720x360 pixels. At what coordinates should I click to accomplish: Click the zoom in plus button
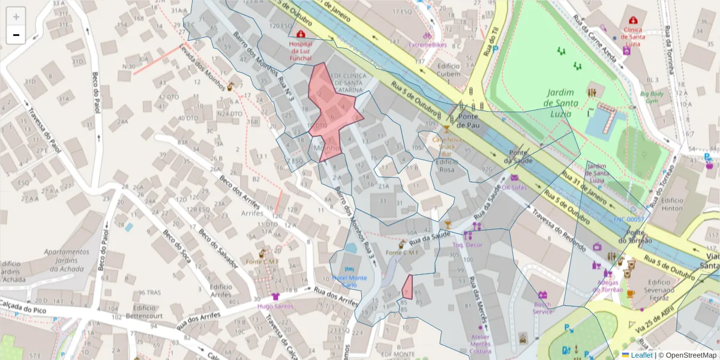click(x=16, y=17)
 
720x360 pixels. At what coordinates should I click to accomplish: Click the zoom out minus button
click(x=16, y=35)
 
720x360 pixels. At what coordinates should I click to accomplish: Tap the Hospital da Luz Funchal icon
click(x=301, y=35)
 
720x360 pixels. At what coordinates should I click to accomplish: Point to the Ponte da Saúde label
click(x=519, y=157)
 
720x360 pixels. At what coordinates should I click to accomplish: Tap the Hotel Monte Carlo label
click(x=349, y=281)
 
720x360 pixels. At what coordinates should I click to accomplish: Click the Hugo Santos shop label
click(x=275, y=306)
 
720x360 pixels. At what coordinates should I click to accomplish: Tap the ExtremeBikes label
click(x=427, y=44)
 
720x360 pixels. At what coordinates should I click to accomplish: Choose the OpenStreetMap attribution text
click(x=687, y=355)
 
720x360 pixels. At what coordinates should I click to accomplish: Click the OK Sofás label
click(x=514, y=187)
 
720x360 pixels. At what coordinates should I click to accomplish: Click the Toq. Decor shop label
click(x=467, y=245)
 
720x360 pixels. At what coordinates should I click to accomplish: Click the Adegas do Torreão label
click(x=608, y=286)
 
